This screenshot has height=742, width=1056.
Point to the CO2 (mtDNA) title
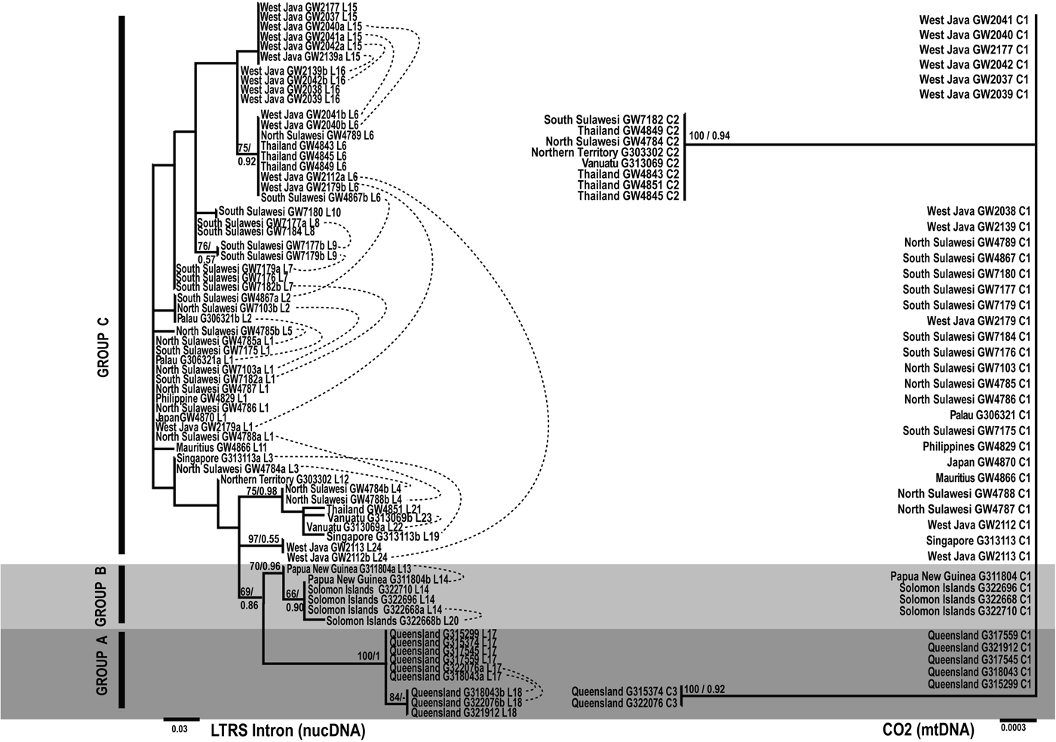927,729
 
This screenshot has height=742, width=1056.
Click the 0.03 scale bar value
180,729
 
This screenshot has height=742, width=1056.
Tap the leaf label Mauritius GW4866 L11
222,447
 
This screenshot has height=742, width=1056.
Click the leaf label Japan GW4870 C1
988,462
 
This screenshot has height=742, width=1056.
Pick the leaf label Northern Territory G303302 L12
284,480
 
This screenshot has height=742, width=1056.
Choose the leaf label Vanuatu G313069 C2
631,163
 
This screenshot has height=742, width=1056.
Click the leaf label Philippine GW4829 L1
201,397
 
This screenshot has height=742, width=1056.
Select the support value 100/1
370,656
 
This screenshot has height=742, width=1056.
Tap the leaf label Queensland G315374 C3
625,691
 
